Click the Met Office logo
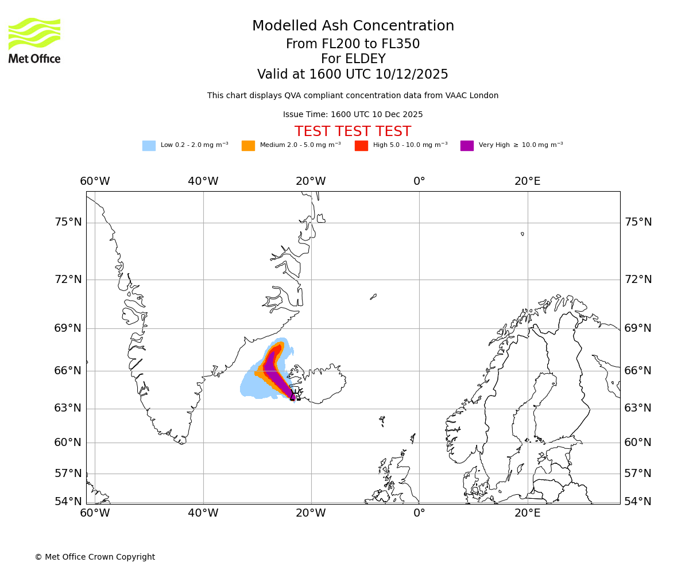(34, 40)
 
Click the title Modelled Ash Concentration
(353, 26)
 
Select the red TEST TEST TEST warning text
(353, 131)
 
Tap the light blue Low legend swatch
(149, 145)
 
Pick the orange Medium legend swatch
(248, 145)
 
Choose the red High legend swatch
(361, 145)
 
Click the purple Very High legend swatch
(467, 145)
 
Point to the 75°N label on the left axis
(68, 222)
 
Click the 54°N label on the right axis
(638, 502)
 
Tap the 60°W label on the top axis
(95, 181)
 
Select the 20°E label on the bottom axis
(527, 513)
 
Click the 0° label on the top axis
(419, 181)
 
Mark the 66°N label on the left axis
(68, 371)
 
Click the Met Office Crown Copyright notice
(95, 557)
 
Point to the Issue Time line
(353, 114)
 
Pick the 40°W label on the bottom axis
(203, 513)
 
